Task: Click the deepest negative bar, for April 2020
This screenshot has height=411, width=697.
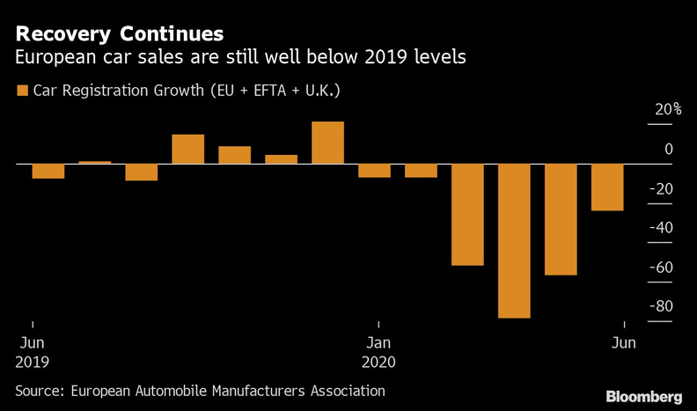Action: [x=514, y=240]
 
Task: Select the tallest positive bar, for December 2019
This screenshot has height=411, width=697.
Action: [x=327, y=143]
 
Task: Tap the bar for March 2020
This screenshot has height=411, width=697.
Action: [x=467, y=215]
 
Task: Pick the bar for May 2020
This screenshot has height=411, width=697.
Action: [x=561, y=219]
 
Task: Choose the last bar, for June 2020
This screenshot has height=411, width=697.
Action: [x=607, y=187]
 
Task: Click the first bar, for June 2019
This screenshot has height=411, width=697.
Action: [x=48, y=172]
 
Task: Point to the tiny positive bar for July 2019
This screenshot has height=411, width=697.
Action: [x=95, y=162]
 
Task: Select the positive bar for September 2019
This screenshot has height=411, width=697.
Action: [x=187, y=149]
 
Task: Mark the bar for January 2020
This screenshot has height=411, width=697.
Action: [x=374, y=171]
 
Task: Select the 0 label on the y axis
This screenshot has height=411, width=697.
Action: [x=669, y=150]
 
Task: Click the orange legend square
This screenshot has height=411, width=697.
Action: [x=21, y=90]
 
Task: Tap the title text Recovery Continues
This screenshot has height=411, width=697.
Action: [x=120, y=34]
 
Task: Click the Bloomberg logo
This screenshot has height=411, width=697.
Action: [x=643, y=396]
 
